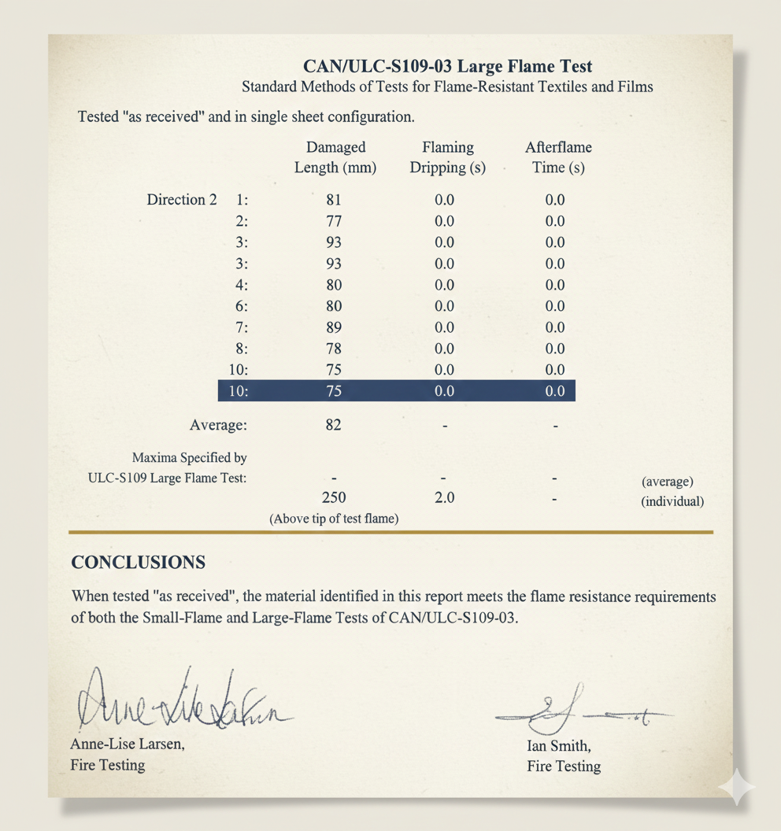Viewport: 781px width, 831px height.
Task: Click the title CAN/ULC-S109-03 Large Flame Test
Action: [x=447, y=66]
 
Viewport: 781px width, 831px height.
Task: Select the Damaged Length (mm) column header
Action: [x=335, y=157]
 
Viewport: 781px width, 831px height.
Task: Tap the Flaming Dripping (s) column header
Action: [x=447, y=157]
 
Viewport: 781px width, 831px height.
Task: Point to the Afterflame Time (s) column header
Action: [x=557, y=157]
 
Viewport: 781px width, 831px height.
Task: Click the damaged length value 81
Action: [x=334, y=200]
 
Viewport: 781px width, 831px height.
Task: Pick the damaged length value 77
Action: [x=334, y=221]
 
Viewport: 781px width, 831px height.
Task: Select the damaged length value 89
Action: [x=334, y=327]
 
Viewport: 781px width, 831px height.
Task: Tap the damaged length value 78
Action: [x=334, y=349]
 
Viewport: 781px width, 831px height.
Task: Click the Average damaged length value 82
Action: [x=334, y=426]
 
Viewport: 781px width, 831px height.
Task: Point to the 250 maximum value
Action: [x=334, y=498]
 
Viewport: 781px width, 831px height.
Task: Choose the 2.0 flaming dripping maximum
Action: [x=445, y=498]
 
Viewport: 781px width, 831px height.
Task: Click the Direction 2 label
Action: [x=181, y=200]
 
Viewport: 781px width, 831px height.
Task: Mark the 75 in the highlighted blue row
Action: [x=334, y=391]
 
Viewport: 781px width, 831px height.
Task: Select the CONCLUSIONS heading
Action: [x=139, y=563]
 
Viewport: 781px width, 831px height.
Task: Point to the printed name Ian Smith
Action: [x=559, y=746]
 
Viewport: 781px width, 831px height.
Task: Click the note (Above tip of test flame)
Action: [x=334, y=519]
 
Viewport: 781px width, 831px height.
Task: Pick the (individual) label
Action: [x=672, y=501]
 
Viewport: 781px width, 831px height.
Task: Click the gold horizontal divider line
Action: [x=390, y=533]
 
